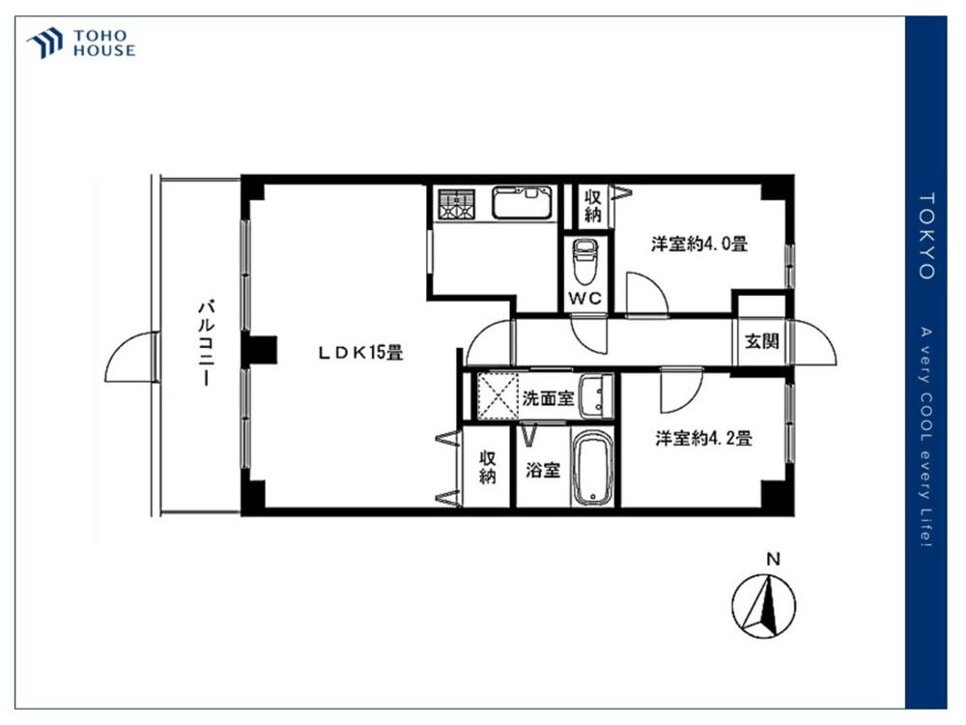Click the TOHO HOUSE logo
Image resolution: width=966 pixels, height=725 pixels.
(x=81, y=43)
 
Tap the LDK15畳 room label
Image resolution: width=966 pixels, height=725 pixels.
(x=360, y=353)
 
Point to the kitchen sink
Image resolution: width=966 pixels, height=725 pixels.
(x=523, y=203)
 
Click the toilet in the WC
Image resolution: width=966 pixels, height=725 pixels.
(x=585, y=259)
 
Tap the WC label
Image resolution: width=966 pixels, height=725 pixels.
(x=584, y=299)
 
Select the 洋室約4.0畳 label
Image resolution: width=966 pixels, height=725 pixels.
(x=699, y=245)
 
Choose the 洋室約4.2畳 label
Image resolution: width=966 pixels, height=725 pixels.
(x=703, y=439)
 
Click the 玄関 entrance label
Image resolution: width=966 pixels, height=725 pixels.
(x=762, y=341)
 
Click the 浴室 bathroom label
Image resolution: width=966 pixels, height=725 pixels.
(x=543, y=471)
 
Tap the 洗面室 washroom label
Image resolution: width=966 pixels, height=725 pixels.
(x=548, y=398)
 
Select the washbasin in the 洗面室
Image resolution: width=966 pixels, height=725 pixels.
(x=596, y=395)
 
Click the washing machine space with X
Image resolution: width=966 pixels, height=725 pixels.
(x=497, y=395)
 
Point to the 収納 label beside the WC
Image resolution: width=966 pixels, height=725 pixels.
(x=593, y=206)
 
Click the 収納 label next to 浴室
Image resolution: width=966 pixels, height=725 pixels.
(x=487, y=467)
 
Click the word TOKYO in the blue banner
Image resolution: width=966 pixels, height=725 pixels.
(x=926, y=236)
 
